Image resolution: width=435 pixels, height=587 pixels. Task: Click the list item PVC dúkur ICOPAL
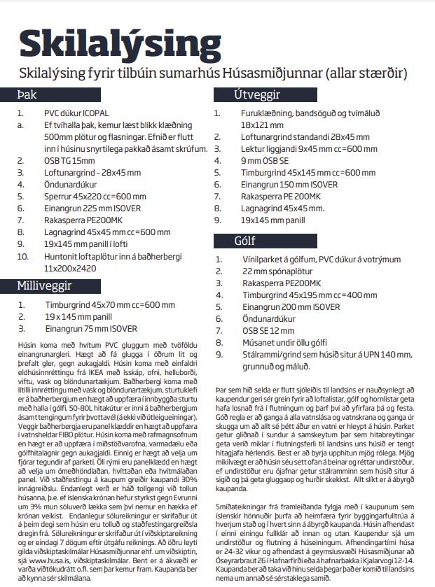(78, 112)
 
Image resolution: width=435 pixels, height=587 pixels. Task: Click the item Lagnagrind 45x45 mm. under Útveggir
(277, 208)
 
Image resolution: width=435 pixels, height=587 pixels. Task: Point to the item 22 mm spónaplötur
(279, 271)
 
